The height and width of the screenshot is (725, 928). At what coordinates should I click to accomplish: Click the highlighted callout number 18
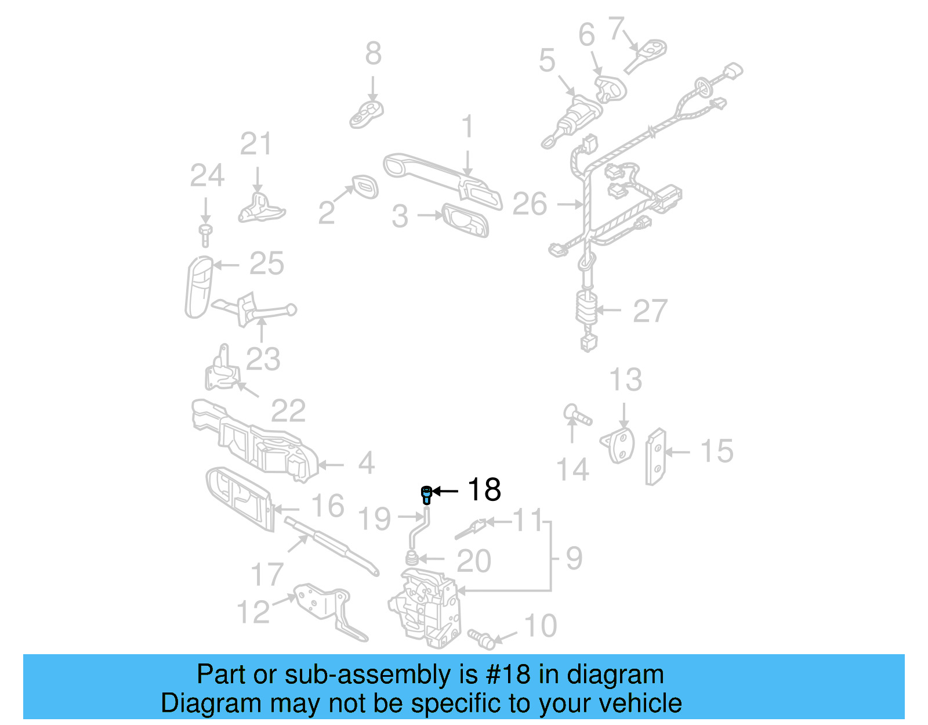tap(484, 490)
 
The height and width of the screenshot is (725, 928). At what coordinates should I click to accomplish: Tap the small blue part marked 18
tap(426, 495)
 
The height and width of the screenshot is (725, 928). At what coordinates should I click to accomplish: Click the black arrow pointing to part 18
tap(445, 491)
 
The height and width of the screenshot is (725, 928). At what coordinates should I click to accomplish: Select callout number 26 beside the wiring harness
tap(530, 204)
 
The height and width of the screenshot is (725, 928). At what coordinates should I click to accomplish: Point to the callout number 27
tap(650, 311)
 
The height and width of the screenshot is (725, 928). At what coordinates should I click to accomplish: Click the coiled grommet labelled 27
tap(587, 308)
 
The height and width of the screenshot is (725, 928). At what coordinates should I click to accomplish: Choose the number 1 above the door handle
tap(467, 127)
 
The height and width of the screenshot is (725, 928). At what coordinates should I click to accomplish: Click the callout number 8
tap(373, 53)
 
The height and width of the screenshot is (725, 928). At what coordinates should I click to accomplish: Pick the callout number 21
tap(256, 144)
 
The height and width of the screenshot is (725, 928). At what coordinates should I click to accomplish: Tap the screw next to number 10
tap(481, 637)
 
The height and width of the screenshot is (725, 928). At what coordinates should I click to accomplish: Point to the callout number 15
tap(717, 451)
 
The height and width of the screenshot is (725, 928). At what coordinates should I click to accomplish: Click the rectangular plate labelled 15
tap(656, 456)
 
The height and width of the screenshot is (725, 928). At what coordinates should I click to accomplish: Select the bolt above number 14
tap(577, 415)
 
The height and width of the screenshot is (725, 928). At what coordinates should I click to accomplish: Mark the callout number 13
tap(625, 380)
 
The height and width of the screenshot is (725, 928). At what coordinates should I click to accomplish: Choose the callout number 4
tap(366, 463)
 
